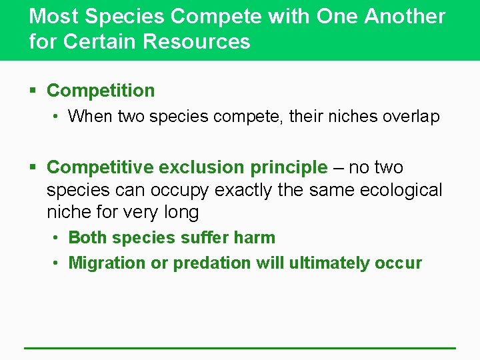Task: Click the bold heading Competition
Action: (101, 91)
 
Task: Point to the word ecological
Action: (401, 190)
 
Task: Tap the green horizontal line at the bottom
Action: (240, 347)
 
